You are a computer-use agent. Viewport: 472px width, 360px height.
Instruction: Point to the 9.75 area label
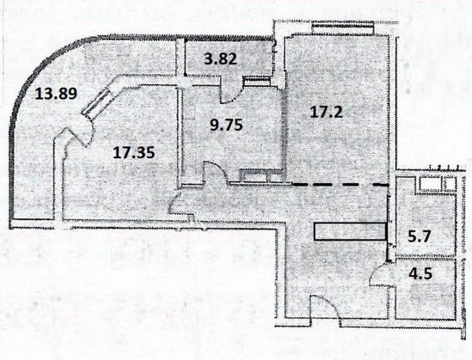(223, 123)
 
